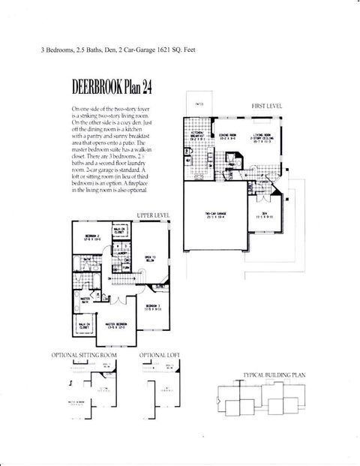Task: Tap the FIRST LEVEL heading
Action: pos(266,107)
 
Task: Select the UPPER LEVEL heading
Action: pos(153,215)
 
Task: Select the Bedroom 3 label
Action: pos(153,305)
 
